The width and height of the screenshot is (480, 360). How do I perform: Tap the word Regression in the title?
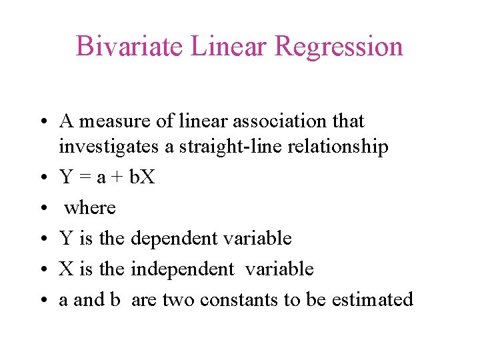point(338,47)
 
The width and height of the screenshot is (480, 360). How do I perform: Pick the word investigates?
point(109,147)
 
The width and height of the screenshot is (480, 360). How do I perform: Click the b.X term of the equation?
point(141,177)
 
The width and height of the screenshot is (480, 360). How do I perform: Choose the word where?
point(90,208)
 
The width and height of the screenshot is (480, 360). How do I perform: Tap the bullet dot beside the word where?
point(42,208)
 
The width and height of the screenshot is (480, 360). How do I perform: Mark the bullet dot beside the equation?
point(42,177)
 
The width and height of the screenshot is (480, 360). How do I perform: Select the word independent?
point(183,269)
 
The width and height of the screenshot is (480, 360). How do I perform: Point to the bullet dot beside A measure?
point(42,121)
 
